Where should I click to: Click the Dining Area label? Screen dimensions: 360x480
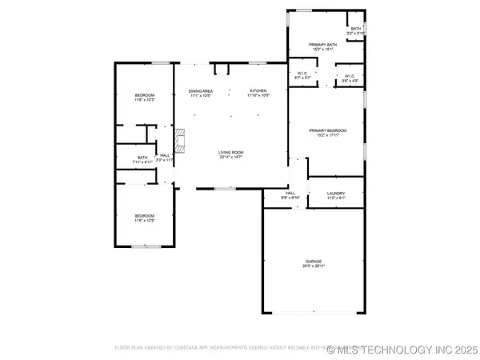click(x=201, y=94)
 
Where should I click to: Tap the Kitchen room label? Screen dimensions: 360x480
click(x=258, y=94)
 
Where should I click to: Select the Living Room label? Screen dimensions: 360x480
click(x=231, y=154)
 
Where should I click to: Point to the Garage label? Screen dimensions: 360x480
click(x=313, y=263)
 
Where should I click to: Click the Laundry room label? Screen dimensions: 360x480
click(x=336, y=195)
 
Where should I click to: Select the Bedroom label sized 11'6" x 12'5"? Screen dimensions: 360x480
click(x=144, y=218)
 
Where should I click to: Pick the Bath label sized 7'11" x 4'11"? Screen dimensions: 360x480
click(x=142, y=159)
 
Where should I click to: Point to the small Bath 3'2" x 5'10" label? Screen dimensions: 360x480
click(x=356, y=31)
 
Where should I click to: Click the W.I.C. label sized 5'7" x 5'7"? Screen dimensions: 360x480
click(x=303, y=76)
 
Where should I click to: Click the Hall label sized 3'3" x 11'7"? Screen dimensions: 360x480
click(x=164, y=158)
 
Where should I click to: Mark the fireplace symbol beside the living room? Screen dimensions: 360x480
click(x=181, y=141)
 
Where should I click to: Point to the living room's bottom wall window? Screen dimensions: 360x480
click(x=226, y=189)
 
